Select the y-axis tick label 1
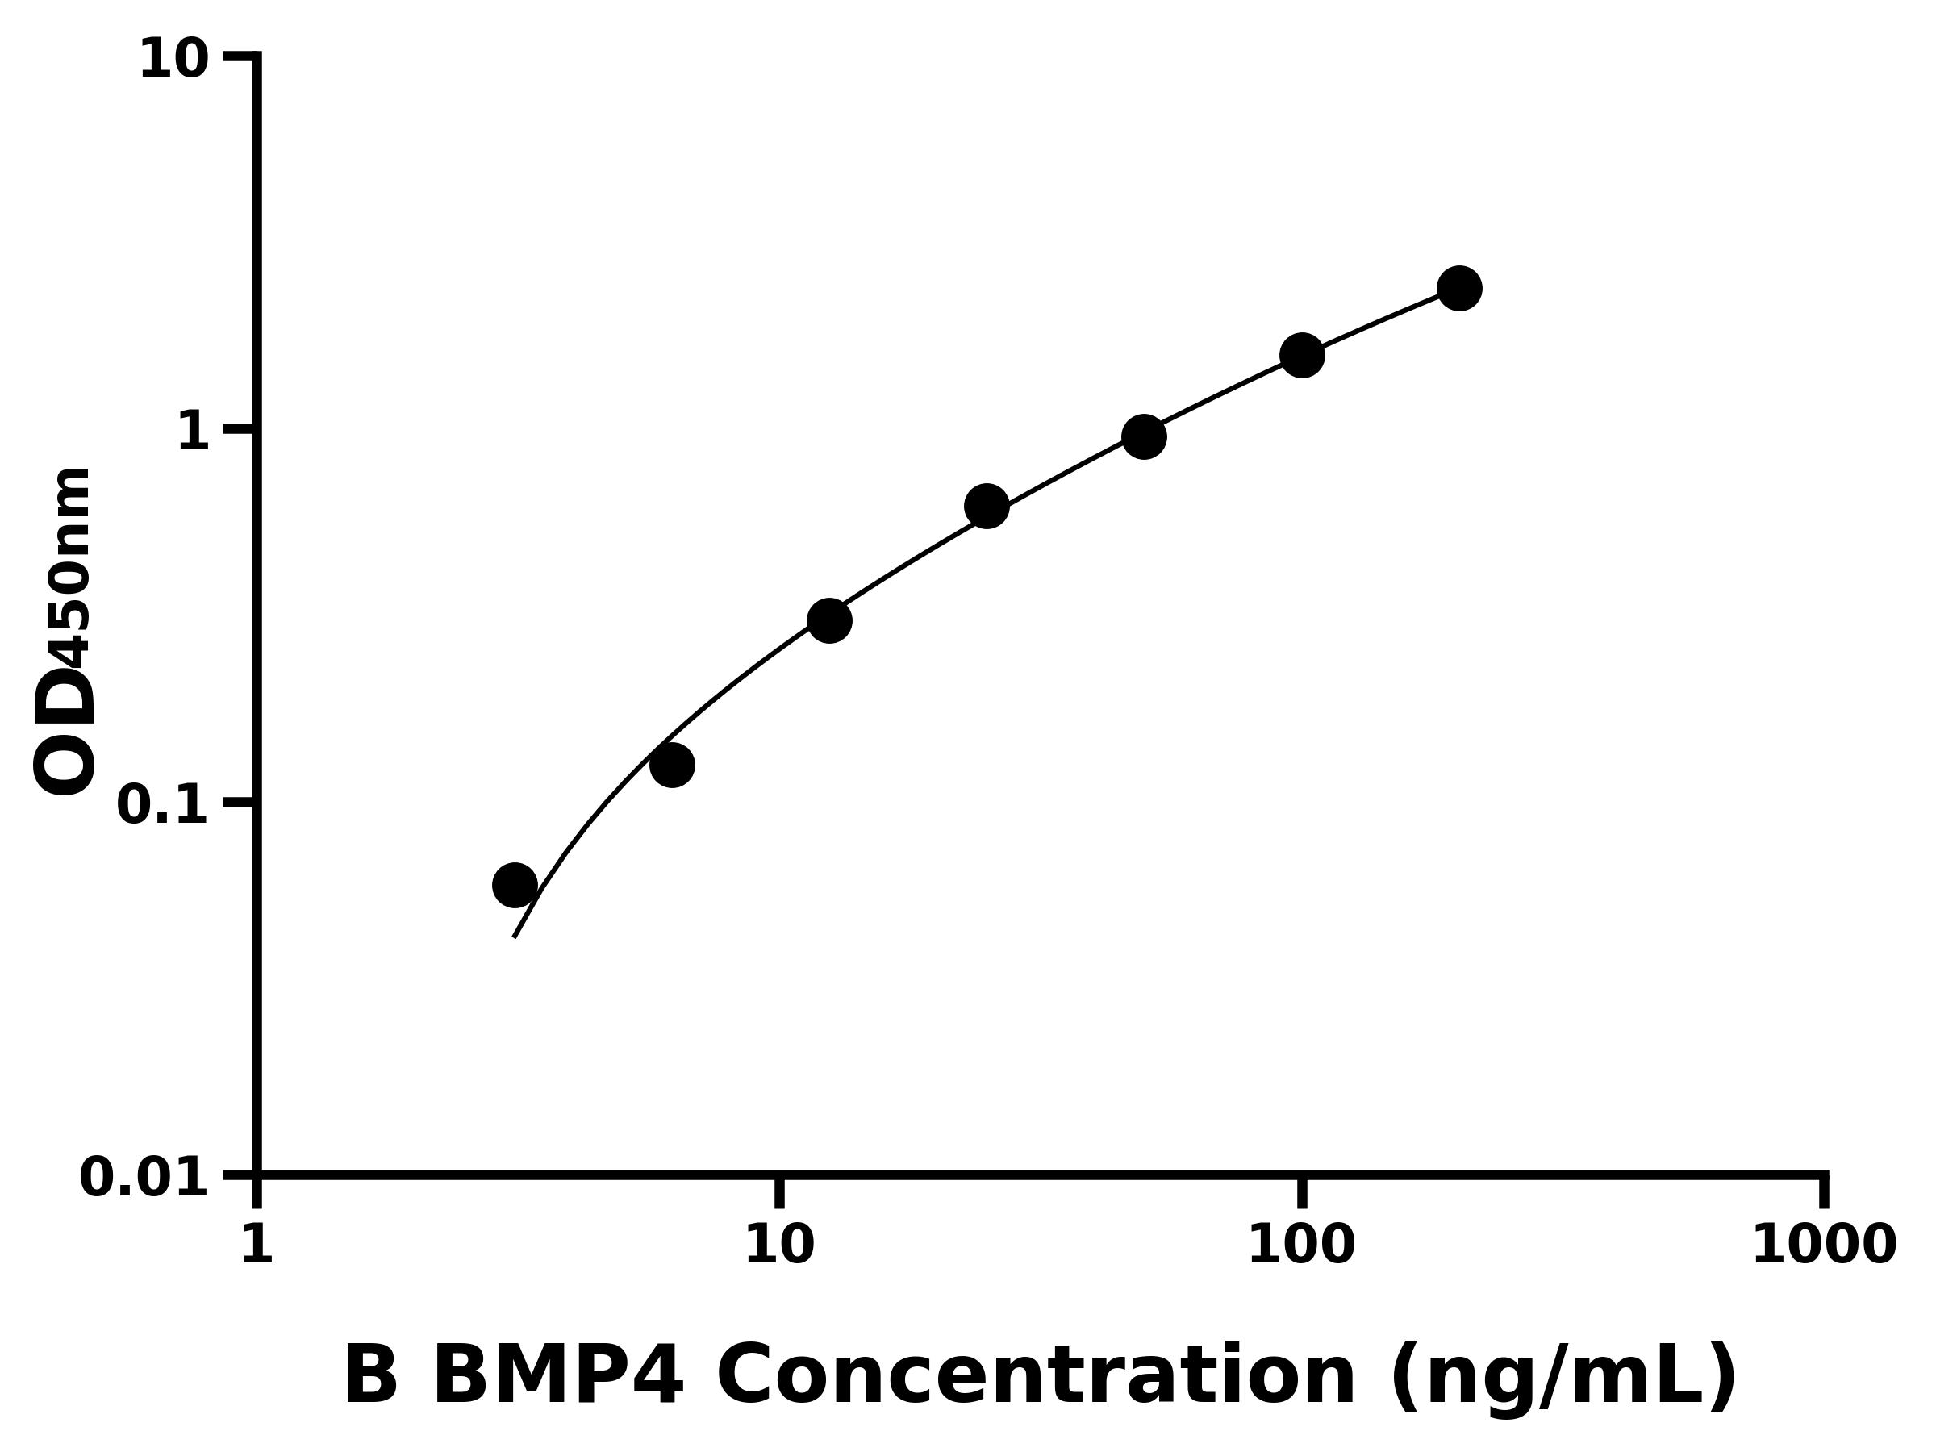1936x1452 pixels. [x=194, y=432]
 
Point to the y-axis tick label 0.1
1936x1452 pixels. [x=163, y=804]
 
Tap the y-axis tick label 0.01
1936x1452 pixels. [x=144, y=1177]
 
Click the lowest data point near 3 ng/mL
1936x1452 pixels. [x=515, y=885]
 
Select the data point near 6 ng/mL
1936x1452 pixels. [x=672, y=765]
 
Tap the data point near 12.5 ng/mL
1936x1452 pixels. [x=828, y=620]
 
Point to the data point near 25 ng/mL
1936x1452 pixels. [x=987, y=506]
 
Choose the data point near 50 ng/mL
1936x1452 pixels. [x=1144, y=436]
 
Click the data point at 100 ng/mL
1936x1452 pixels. [x=1301, y=354]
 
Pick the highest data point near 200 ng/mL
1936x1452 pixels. [x=1459, y=288]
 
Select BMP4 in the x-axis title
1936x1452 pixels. [x=557, y=1377]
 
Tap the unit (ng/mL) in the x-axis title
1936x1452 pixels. [x=1563, y=1377]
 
